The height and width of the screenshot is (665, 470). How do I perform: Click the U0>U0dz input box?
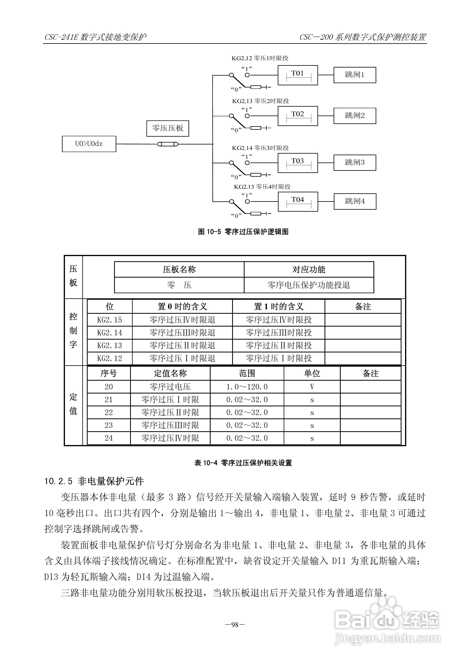(89, 144)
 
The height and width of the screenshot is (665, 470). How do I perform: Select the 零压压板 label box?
(167, 128)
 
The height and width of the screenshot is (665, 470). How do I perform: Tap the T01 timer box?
(297, 75)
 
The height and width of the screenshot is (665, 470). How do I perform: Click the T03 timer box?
(297, 163)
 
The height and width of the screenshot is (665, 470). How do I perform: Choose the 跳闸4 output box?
(355, 201)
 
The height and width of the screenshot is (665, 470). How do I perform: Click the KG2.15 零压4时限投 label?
(262, 187)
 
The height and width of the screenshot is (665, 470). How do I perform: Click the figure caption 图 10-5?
(243, 232)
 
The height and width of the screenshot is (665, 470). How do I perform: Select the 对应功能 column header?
(309, 270)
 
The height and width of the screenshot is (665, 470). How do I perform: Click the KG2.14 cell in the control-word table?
(110, 333)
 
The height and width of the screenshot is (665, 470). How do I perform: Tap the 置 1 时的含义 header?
(278, 306)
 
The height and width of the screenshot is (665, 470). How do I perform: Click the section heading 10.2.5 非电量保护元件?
(94, 481)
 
